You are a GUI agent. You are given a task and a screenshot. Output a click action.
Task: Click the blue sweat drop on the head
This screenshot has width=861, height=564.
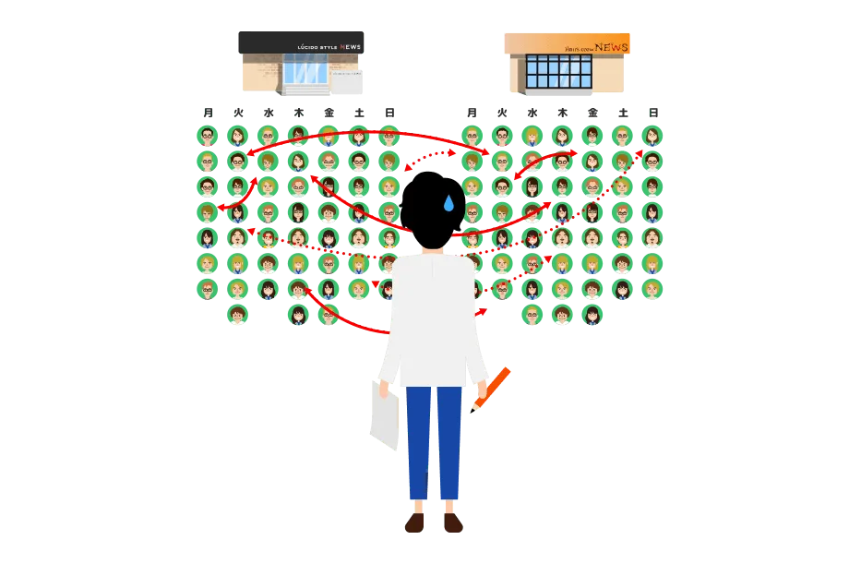pos(448,203)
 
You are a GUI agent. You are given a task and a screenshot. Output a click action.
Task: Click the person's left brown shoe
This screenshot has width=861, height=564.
pos(416,523)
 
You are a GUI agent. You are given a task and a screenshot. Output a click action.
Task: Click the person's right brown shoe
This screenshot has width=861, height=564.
pos(452,523)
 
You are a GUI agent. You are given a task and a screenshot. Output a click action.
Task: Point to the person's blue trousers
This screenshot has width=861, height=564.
pos(435,443)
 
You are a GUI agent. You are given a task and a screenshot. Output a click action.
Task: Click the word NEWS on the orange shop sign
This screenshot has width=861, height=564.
pos(611,46)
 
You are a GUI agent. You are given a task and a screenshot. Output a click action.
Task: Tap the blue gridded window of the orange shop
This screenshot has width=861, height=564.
pos(561,72)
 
